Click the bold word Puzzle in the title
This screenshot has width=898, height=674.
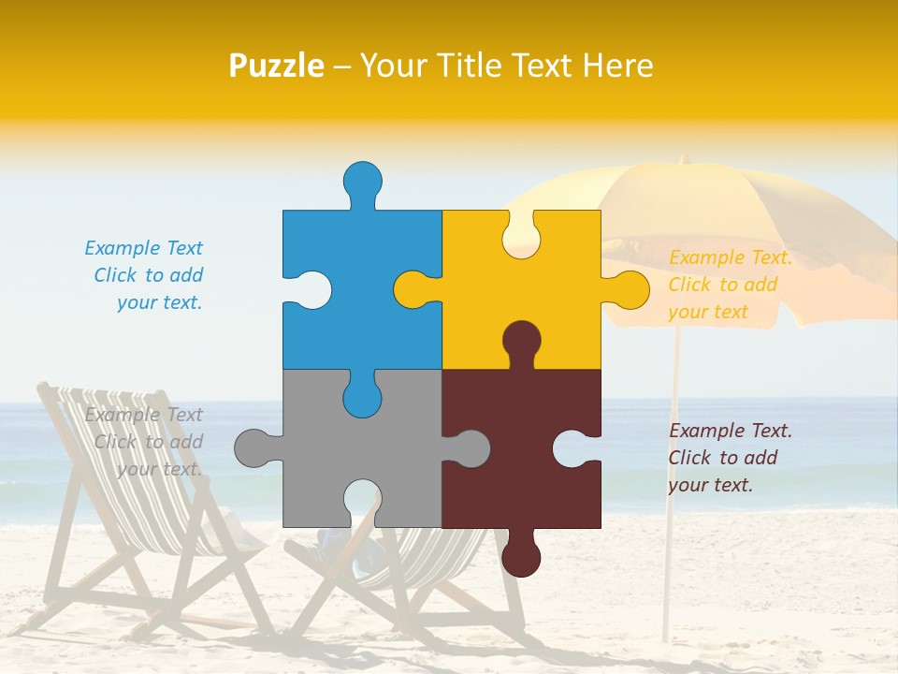(277, 66)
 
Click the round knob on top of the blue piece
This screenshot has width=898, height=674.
(362, 179)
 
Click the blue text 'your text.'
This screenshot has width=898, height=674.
(159, 302)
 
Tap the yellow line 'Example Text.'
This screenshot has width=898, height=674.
(731, 257)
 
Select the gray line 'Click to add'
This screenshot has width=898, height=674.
(149, 442)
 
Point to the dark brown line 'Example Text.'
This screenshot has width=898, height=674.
(731, 431)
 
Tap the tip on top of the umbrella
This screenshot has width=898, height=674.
(684, 160)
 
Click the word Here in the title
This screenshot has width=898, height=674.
(617, 66)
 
